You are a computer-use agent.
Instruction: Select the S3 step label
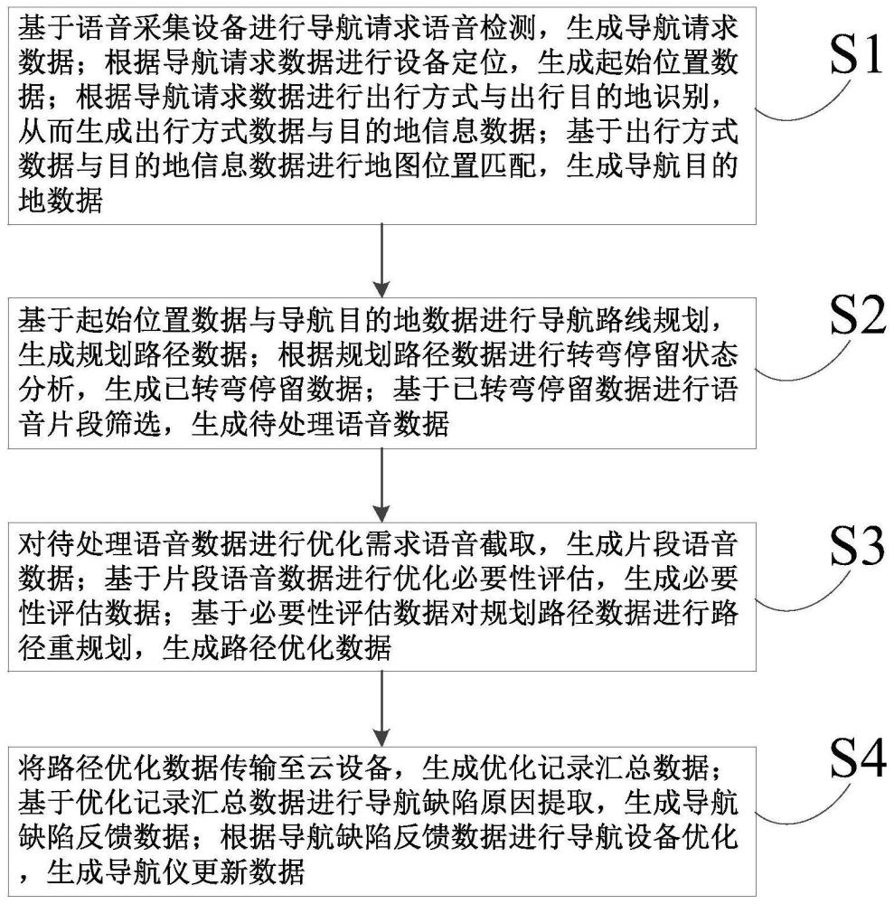click(857, 545)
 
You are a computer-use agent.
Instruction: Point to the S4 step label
click(858, 758)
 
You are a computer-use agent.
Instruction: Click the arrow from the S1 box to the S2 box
click(381, 261)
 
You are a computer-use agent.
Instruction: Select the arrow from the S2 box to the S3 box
click(381, 485)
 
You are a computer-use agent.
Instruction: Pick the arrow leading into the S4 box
click(381, 709)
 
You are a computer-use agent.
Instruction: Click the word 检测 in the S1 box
click(508, 27)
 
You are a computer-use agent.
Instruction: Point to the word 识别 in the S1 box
click(681, 97)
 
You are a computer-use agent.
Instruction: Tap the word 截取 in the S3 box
click(508, 543)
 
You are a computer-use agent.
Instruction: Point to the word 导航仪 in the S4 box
click(147, 871)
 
